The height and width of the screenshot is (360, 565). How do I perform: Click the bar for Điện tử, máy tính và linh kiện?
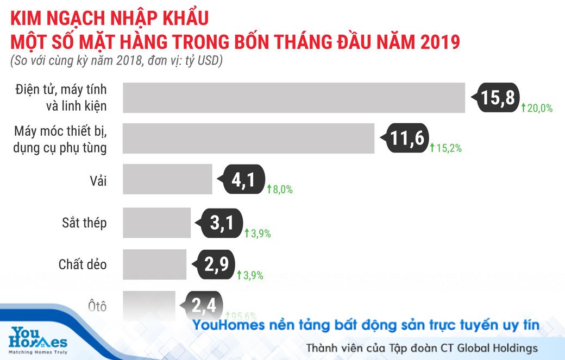pos(294,98)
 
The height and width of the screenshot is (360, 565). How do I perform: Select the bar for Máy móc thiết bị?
pos(248,138)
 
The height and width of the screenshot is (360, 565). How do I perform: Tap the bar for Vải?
pos(167,179)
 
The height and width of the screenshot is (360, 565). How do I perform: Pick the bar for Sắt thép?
pos(156,223)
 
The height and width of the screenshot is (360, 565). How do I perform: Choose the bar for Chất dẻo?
pos(154,264)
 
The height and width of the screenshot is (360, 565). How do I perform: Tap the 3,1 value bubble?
pos(222,223)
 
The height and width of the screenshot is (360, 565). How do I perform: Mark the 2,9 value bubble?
pos(215,264)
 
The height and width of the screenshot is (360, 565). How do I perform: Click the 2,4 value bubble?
pos(204,305)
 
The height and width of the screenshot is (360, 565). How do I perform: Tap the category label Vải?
pos(98,181)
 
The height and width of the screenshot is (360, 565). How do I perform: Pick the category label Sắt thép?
pos(84,223)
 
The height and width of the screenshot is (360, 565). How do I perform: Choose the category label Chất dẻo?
pos(83,264)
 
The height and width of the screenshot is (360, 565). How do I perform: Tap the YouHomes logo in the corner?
pos(38,340)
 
